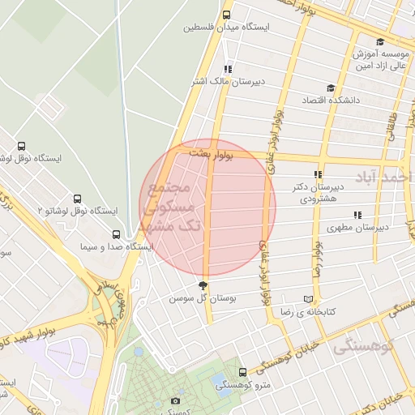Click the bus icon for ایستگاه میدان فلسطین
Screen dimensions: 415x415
click(227, 14)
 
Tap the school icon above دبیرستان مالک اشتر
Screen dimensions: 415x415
click(228, 69)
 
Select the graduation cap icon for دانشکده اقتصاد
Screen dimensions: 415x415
click(330, 88)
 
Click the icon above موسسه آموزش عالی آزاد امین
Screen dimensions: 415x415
click(380, 41)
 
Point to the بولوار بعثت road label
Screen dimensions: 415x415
click(209, 152)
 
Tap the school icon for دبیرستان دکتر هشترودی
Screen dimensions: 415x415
click(319, 174)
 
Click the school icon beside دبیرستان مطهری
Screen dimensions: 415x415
click(357, 215)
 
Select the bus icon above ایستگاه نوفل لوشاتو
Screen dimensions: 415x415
click(22, 147)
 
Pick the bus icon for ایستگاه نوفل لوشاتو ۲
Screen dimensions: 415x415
click(78, 199)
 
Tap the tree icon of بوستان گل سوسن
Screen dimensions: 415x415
click(203, 285)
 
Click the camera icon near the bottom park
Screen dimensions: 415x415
click(176, 400)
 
